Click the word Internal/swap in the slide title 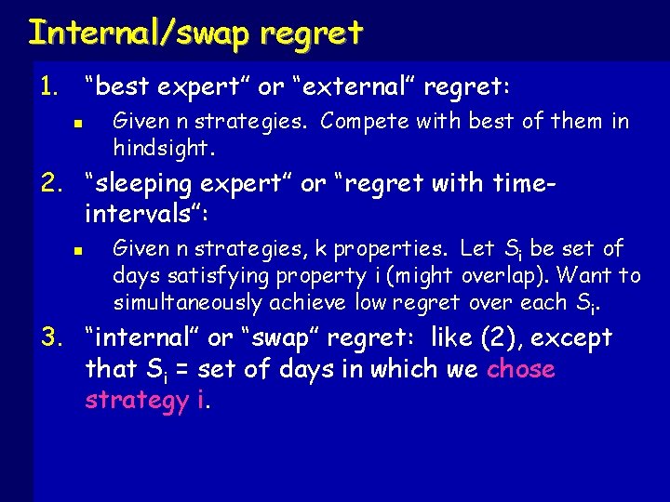click(x=140, y=33)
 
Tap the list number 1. click(x=47, y=87)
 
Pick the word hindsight click(x=163, y=148)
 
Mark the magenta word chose click(x=520, y=369)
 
